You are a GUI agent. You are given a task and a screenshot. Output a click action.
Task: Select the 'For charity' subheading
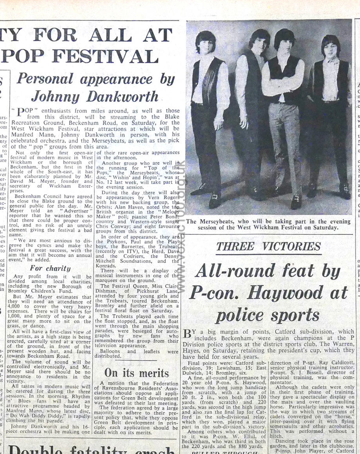[50, 268]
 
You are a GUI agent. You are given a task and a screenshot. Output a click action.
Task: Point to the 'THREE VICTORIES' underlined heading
[268, 247]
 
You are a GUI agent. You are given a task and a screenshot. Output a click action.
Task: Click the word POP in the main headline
[23, 56]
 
